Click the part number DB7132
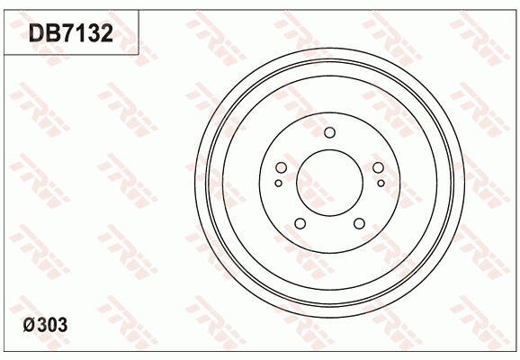70,33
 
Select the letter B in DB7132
52,33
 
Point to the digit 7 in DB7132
67,33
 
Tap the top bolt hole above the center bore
329,133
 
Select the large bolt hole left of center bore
282,167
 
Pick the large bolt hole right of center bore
377,167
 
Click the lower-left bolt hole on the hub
300,223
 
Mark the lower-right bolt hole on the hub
359,223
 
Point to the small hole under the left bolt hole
278,184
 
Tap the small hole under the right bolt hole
381,184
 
